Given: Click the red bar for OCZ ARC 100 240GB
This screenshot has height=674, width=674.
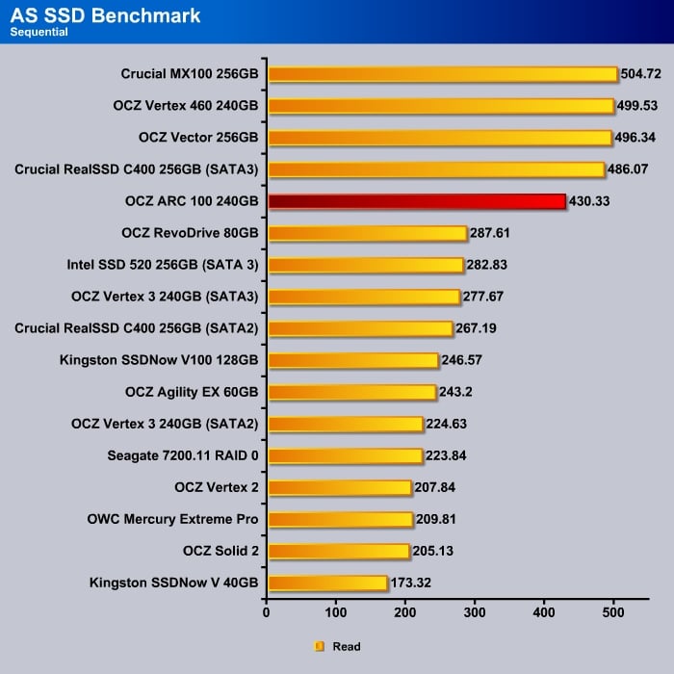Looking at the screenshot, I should coord(416,201).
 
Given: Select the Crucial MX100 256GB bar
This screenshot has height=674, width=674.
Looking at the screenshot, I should coord(442,74).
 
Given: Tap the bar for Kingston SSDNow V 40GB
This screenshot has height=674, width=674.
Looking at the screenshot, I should coord(327,583).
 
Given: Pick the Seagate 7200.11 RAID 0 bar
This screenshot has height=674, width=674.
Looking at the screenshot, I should coord(345,455).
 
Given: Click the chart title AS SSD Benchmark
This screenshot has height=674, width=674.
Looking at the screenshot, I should coord(106,15).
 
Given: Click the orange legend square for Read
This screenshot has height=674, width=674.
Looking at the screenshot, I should coord(320,647).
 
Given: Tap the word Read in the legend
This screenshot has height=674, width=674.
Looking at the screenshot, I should coord(347,647).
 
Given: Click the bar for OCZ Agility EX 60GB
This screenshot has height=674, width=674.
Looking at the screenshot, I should coord(351,392).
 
